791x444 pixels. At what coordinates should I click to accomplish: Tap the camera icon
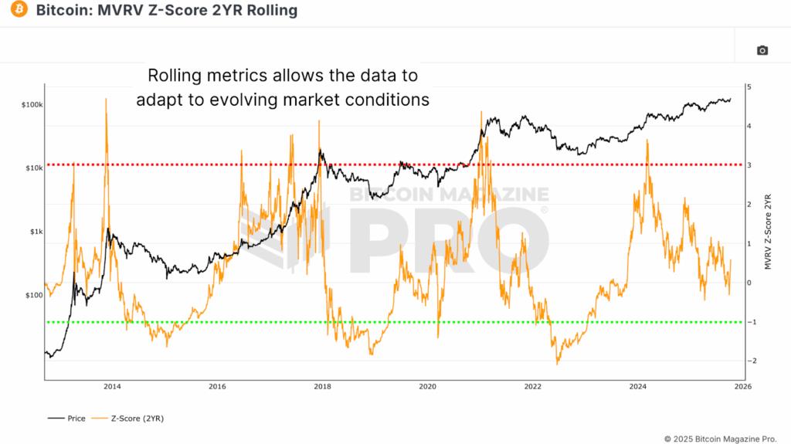pos(762,50)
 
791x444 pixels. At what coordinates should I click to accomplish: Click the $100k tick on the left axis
pos(32,104)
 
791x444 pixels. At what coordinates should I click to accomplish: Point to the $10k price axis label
pos(34,168)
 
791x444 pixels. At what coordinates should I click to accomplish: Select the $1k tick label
pos(36,232)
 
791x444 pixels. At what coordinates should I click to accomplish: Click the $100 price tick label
pos(34,295)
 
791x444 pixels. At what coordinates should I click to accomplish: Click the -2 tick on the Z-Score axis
pos(751,361)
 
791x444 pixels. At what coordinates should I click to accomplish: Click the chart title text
pos(166,11)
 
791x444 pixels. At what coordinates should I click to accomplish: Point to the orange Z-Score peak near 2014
pos(106,100)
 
